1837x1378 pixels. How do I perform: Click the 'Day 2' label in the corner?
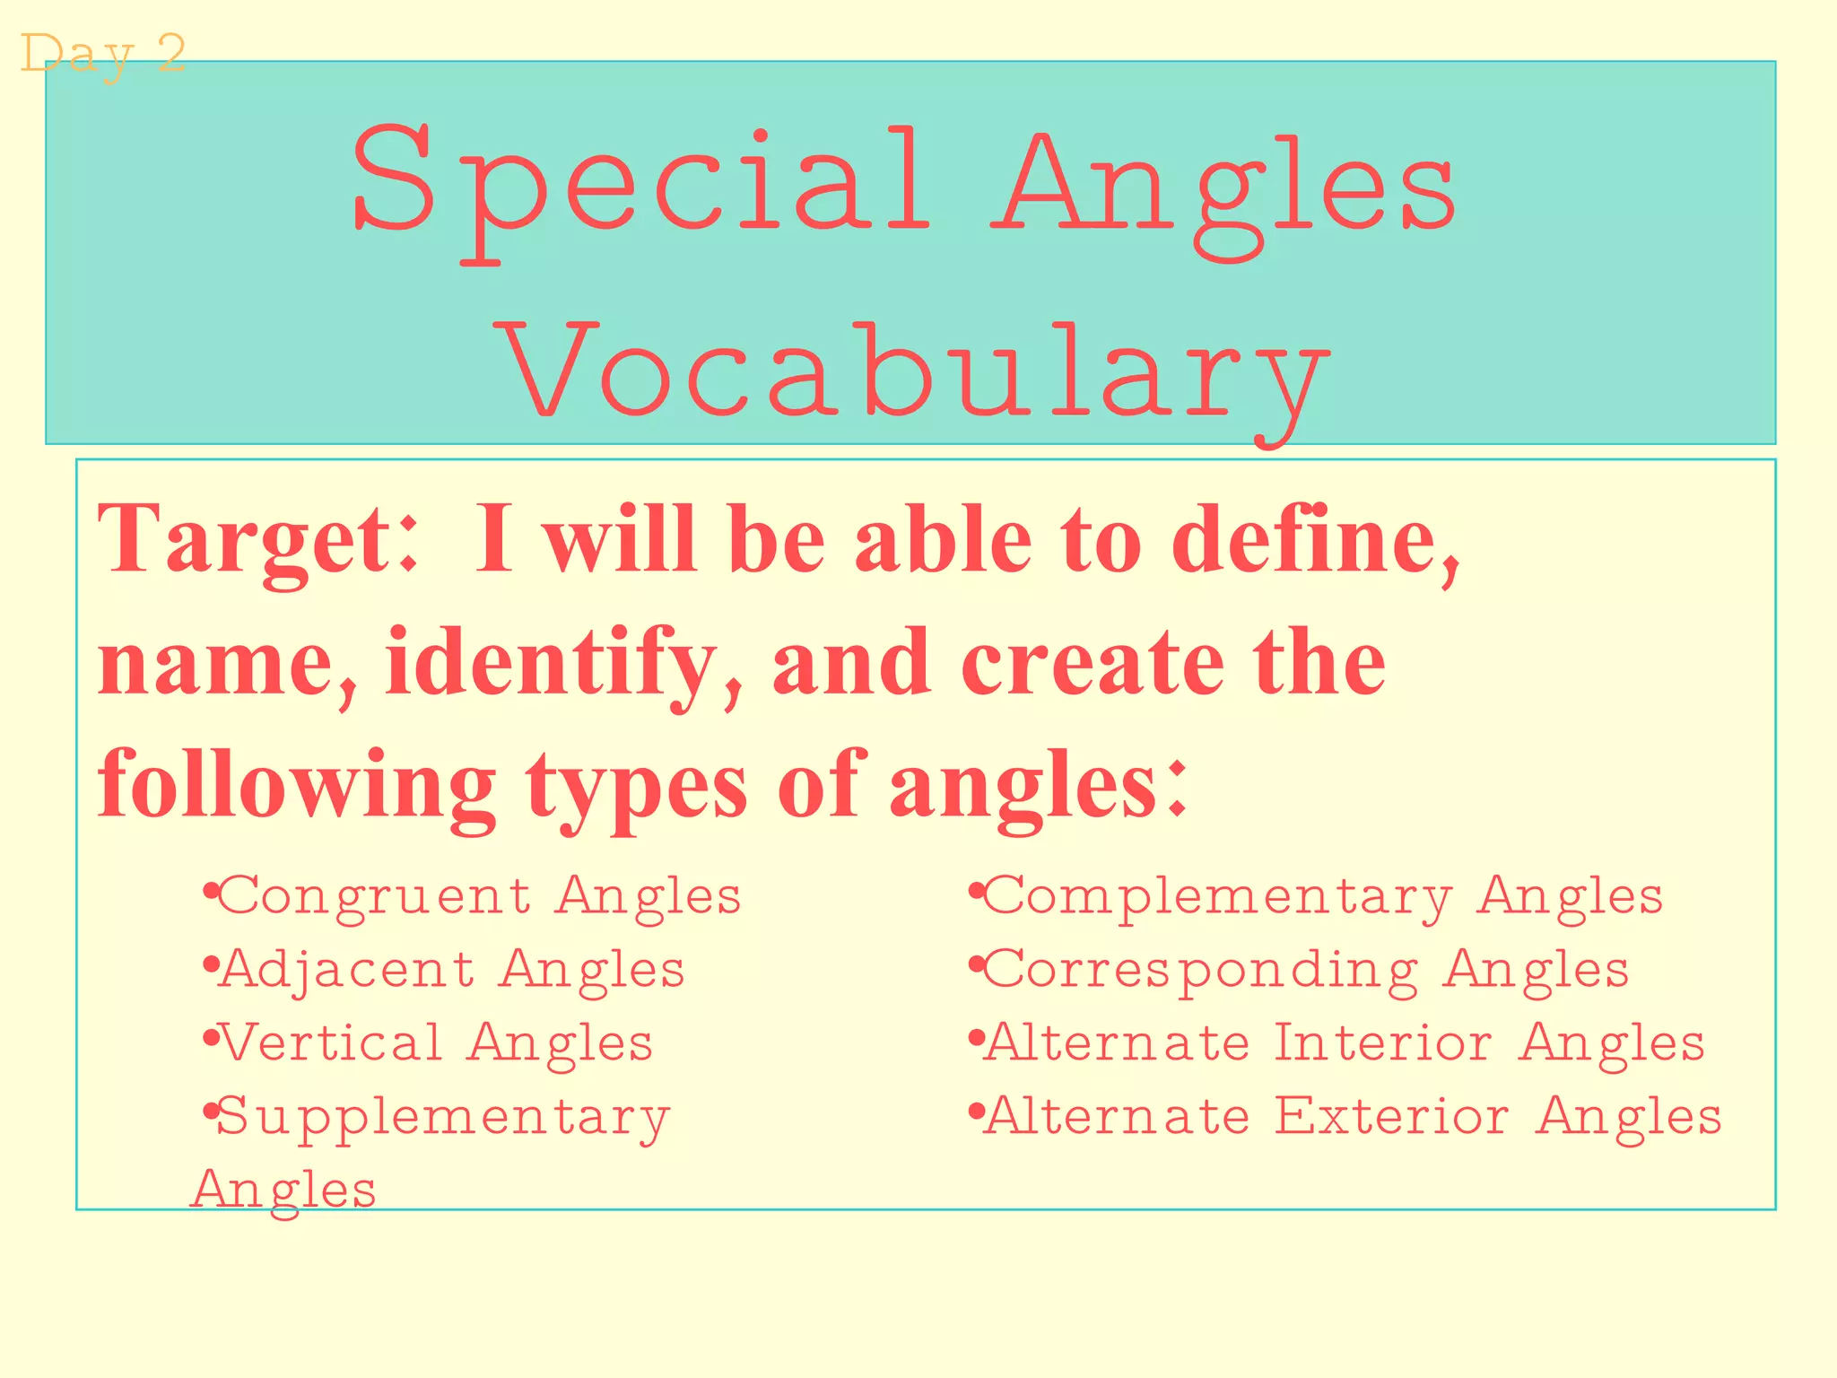(x=102, y=54)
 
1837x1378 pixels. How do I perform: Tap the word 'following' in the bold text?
(x=296, y=786)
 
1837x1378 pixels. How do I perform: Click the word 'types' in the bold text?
(x=636, y=786)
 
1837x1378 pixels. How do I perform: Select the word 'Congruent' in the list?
(x=375, y=896)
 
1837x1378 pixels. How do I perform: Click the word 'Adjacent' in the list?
(x=348, y=970)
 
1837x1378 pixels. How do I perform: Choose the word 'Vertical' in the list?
(x=332, y=1043)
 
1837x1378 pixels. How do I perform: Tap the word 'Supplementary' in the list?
(x=443, y=1118)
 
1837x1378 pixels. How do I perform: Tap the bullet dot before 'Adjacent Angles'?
(x=210, y=965)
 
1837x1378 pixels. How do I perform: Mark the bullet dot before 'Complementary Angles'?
(x=976, y=892)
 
